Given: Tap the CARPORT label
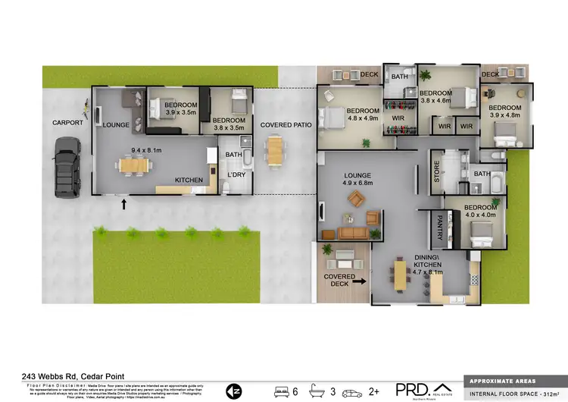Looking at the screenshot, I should (67, 122).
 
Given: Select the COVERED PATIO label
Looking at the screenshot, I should (281, 124).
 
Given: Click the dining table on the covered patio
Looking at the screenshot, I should (275, 151).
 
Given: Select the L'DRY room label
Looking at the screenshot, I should (238, 176).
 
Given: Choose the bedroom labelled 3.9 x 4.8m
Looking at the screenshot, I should (504, 111).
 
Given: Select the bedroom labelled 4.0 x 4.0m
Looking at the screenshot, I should (480, 211).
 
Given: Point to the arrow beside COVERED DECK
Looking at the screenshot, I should (359, 281).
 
